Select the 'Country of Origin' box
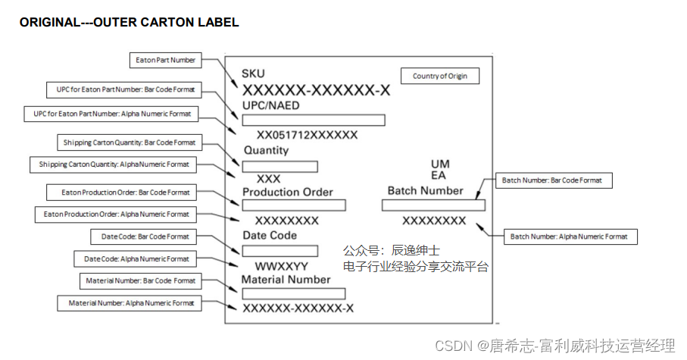(x=439, y=77)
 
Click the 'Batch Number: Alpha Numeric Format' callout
(x=569, y=236)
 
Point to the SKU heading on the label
(x=253, y=74)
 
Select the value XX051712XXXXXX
(x=307, y=136)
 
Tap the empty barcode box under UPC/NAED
(x=313, y=120)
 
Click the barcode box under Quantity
(x=279, y=166)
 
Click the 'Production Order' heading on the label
(x=287, y=193)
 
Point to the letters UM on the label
(x=440, y=164)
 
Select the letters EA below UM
(x=439, y=176)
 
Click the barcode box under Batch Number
(x=433, y=205)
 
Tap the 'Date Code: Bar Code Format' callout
(x=145, y=237)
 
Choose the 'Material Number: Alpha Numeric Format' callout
(x=129, y=303)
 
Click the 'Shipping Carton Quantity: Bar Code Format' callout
(x=128, y=142)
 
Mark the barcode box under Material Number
(x=293, y=293)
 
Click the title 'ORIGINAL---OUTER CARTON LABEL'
(x=129, y=23)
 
